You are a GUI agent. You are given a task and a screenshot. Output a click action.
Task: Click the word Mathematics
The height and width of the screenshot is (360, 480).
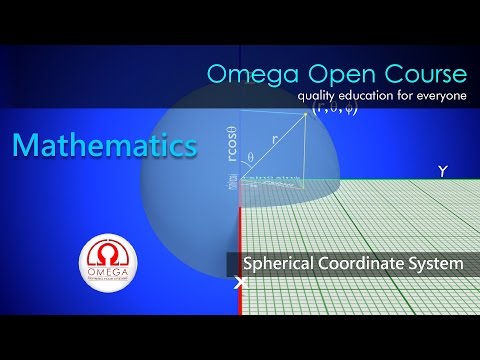click(x=104, y=146)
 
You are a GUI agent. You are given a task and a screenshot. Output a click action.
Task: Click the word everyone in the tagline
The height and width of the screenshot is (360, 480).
click(x=434, y=97)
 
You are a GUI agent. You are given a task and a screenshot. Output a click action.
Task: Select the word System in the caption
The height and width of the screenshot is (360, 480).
click(x=439, y=264)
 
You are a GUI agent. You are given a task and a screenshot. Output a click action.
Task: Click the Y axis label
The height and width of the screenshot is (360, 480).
click(x=442, y=171)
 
